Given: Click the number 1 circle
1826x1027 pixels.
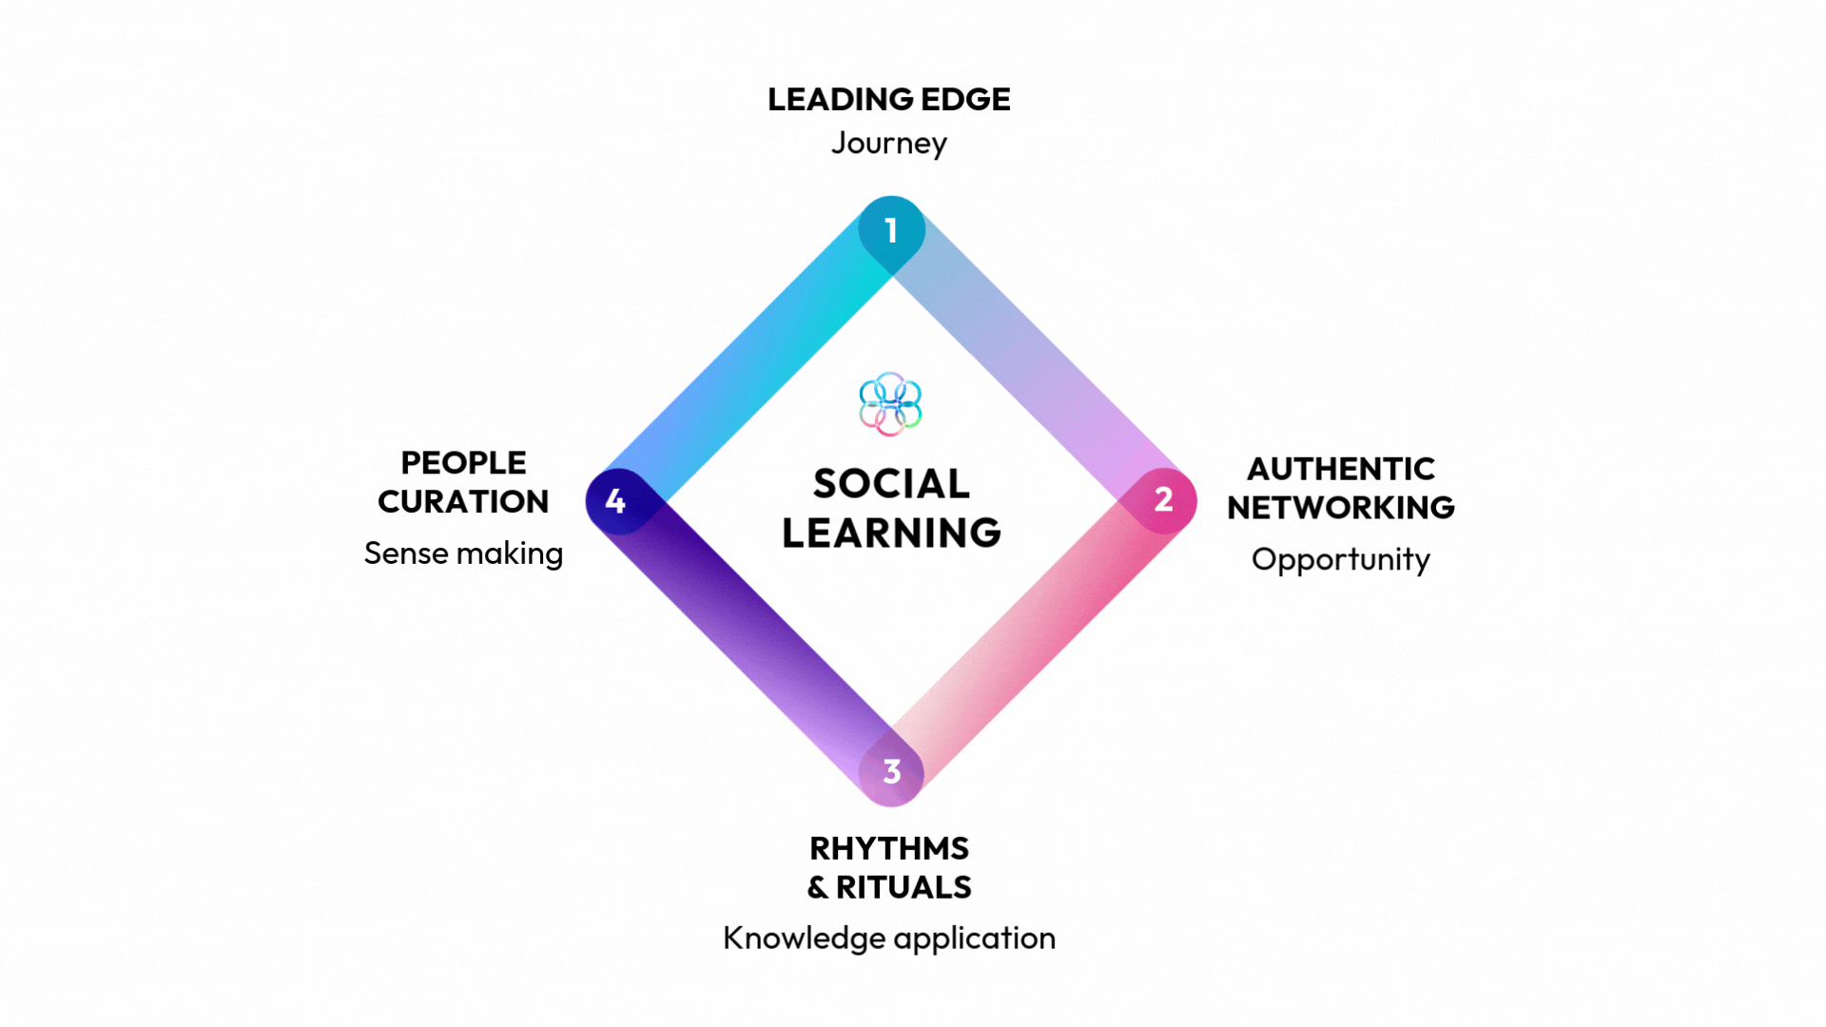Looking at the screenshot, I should point(891,230).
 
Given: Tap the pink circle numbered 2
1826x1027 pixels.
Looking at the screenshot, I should point(1162,500).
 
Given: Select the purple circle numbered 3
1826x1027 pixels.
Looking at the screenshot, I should point(891,771).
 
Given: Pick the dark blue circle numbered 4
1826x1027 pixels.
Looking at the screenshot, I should point(616,501).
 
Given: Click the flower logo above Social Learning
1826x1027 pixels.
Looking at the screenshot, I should point(890,404).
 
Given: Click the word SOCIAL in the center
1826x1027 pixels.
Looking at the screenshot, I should point(891,484).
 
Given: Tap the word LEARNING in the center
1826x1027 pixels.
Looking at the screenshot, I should point(891,533).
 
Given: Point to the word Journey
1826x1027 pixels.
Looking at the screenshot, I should point(889,144).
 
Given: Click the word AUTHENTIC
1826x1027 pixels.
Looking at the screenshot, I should point(1340,469).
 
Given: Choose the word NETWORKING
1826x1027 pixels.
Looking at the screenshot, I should point(1340,508).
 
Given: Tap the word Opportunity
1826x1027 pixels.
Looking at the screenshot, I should point(1340,559).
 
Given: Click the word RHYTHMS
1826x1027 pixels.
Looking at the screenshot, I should point(889,848).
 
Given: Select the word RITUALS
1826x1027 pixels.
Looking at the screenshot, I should point(903,887).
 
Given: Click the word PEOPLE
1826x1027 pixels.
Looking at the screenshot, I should point(463,463).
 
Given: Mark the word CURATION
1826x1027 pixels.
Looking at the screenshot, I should point(463,502).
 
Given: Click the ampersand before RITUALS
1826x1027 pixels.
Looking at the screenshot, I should point(818,888).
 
